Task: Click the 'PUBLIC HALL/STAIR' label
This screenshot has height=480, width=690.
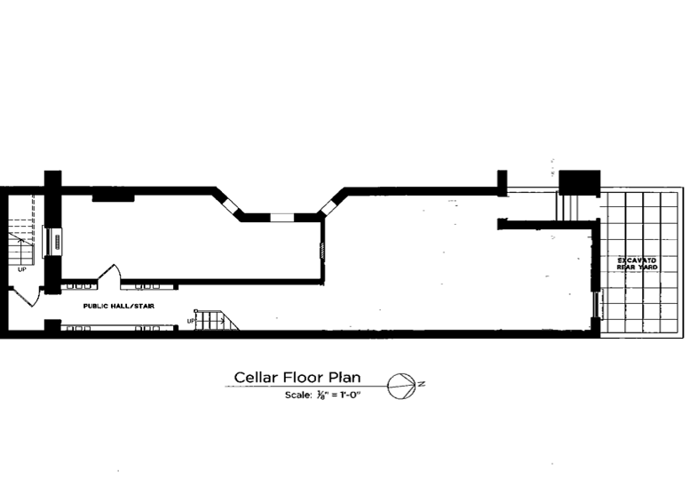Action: coord(118,306)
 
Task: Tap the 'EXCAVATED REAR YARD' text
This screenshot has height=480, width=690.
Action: coord(637,262)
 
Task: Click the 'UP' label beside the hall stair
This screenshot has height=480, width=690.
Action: coord(191,320)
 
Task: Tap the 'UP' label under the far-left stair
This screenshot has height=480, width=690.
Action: coord(21,268)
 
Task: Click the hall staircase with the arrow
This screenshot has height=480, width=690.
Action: coord(216,320)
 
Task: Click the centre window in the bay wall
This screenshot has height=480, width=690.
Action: coord(281,216)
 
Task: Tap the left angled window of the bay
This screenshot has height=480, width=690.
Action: coord(232,207)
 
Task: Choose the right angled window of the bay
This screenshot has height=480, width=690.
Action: coord(329,208)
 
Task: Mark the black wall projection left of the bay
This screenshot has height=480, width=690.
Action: coord(112,195)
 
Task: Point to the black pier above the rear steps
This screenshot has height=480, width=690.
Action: coord(579,180)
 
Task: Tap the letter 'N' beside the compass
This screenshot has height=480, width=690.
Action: coord(422,383)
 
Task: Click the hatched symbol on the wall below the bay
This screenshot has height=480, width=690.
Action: coord(322,252)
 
